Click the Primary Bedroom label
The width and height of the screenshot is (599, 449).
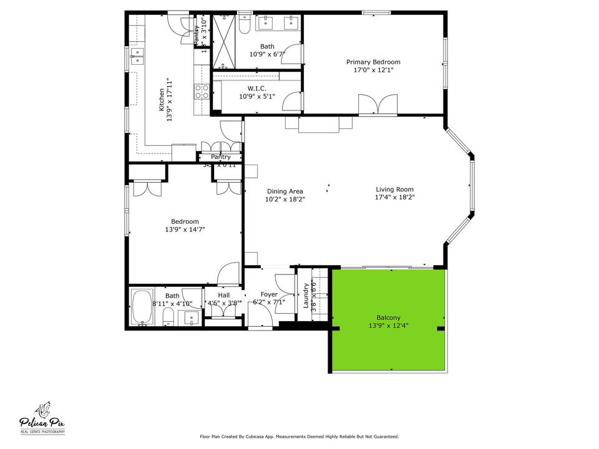tap(373, 62)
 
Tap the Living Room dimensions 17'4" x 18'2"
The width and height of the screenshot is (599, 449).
tap(394, 197)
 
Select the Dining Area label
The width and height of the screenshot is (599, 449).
tap(285, 191)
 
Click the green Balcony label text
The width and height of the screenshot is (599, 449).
tap(388, 317)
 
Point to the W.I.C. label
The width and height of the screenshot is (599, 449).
tap(256, 89)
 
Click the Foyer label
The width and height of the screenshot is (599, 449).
tap(269, 294)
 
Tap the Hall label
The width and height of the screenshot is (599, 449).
tap(223, 296)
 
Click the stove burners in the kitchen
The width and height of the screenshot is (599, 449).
tap(202, 92)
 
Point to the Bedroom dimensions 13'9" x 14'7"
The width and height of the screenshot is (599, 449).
tap(185, 229)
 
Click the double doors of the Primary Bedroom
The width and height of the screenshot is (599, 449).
tap(377, 104)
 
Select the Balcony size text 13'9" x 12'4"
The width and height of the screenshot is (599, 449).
tap(388, 326)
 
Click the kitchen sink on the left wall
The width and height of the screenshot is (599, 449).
tap(137, 57)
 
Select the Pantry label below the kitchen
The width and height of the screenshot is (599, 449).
tap(220, 157)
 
